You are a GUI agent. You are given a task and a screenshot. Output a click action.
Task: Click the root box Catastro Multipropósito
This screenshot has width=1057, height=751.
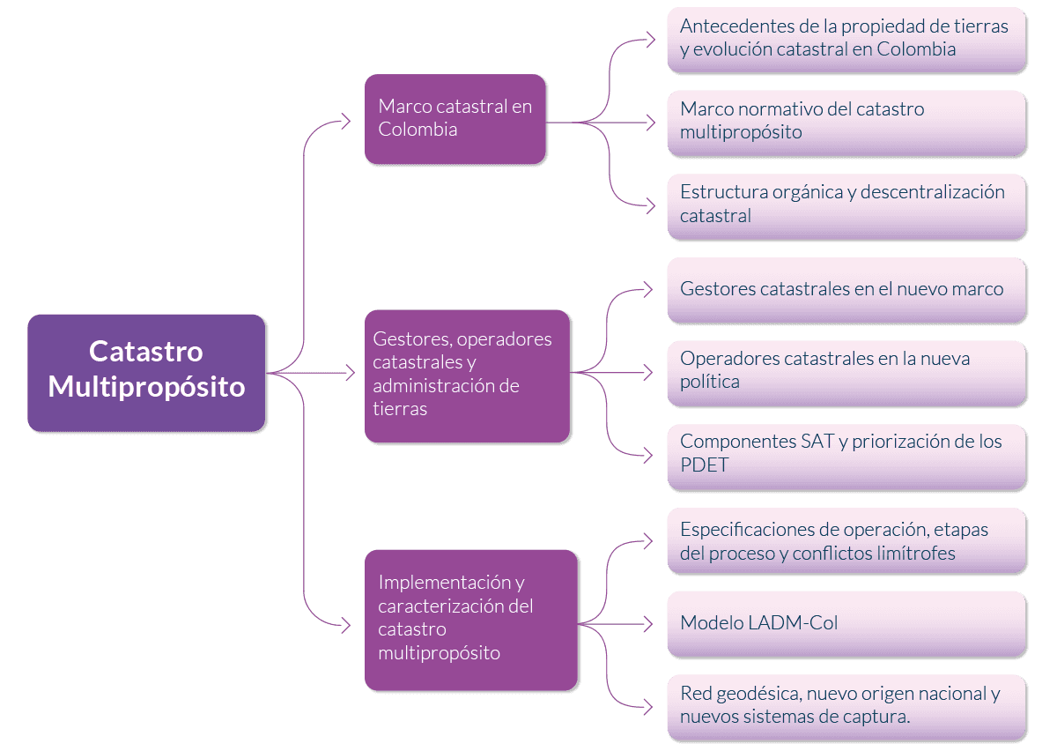click(x=146, y=372)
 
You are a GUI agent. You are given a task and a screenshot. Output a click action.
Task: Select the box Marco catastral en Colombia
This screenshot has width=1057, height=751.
click(x=455, y=119)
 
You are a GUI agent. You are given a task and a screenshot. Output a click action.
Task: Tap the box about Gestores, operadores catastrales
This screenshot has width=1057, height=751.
click(x=467, y=375)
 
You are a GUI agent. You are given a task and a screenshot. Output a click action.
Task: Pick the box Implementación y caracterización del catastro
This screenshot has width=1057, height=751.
click(x=471, y=619)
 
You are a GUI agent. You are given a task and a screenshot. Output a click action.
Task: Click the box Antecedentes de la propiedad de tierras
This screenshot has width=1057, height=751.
click(x=846, y=39)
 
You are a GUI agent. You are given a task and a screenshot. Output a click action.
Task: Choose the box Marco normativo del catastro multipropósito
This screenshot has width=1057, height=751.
click(x=846, y=122)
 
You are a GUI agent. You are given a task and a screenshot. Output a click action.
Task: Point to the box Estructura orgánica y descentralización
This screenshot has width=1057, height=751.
click(x=846, y=204)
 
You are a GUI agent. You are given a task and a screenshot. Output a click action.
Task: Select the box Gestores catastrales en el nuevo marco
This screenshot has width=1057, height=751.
click(x=846, y=289)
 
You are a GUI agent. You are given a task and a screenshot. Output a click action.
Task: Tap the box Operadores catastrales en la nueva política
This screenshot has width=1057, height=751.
click(x=846, y=371)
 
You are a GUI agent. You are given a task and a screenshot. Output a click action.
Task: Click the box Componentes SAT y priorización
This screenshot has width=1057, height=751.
click(x=846, y=454)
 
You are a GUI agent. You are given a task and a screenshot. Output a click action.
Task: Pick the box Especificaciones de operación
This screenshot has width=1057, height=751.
click(x=846, y=539)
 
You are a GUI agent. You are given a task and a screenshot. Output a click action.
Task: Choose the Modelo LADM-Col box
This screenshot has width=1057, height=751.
click(x=846, y=623)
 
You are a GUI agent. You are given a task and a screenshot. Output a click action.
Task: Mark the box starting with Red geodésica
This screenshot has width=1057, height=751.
click(x=846, y=706)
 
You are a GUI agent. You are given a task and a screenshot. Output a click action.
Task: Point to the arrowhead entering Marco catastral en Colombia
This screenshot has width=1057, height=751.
click(x=346, y=122)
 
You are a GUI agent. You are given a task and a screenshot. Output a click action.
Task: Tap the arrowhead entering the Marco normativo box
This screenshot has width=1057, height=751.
click(x=649, y=122)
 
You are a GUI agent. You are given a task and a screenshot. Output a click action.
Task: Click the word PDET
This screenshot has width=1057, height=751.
click(x=705, y=465)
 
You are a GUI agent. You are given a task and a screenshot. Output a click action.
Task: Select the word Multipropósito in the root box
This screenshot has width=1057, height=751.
click(x=146, y=386)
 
